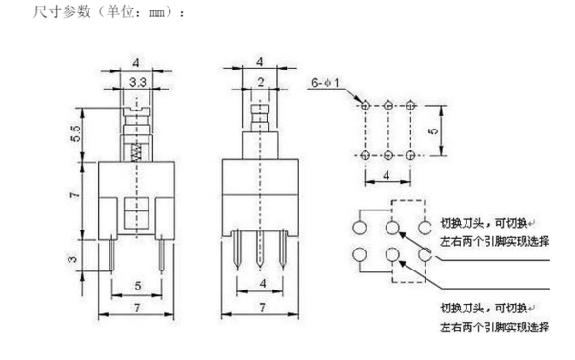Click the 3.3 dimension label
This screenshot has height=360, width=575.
coord(137,84)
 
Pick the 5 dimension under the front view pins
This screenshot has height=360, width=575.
coord(138,286)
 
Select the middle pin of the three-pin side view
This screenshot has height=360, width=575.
coord(259,250)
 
